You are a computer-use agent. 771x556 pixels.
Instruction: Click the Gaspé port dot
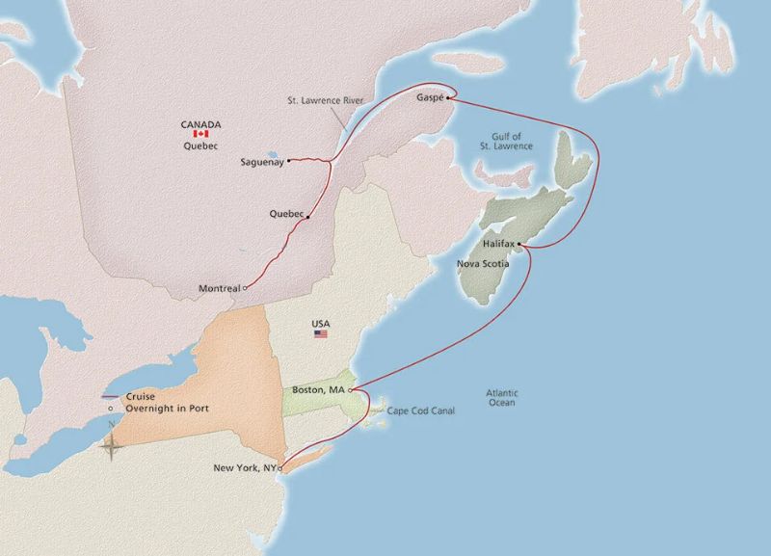click(x=448, y=97)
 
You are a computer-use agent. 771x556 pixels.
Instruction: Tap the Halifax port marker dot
click(x=519, y=244)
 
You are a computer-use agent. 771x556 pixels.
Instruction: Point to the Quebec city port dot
click(x=307, y=217)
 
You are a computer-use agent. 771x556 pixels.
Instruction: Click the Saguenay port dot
click(x=289, y=161)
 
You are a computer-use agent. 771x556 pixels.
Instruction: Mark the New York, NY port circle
click(x=279, y=468)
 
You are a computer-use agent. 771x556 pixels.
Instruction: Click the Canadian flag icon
click(x=201, y=134)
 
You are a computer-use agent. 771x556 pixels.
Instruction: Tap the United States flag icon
click(x=321, y=333)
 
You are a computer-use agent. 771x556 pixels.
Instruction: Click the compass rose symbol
click(x=111, y=444)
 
